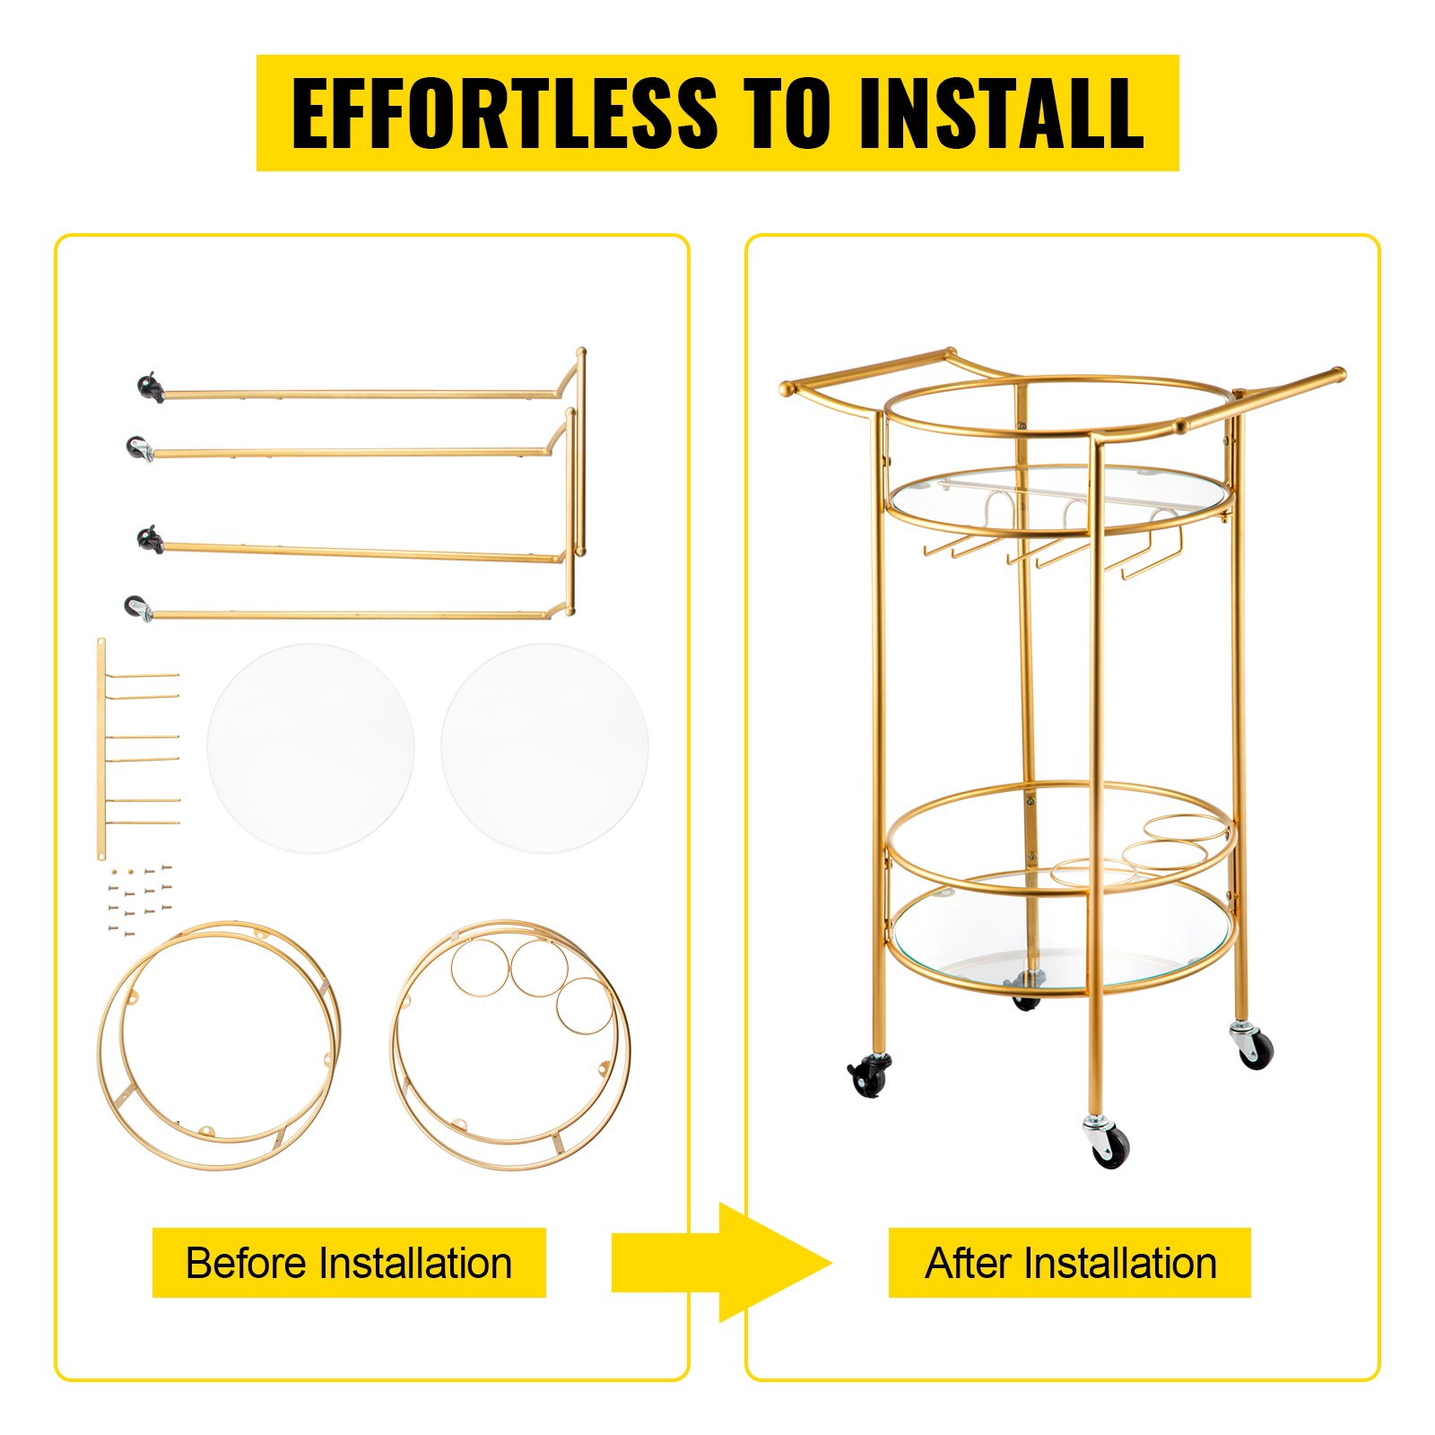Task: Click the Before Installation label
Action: pyautogui.click(x=349, y=1263)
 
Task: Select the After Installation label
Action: pyautogui.click(x=1070, y=1263)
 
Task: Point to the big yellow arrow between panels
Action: pyautogui.click(x=722, y=1263)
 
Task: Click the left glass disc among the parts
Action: pyautogui.click(x=311, y=748)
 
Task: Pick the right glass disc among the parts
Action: pyautogui.click(x=545, y=748)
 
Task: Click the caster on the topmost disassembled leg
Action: pyautogui.click(x=151, y=387)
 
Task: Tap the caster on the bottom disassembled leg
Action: pyautogui.click(x=138, y=608)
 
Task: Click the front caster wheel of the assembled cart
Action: pyautogui.click(x=1109, y=1144)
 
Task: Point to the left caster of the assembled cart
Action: pyautogui.click(x=869, y=1074)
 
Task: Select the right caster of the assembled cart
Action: pyautogui.click(x=1252, y=1046)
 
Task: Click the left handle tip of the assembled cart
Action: pyautogui.click(x=787, y=389)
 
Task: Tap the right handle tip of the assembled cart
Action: pyautogui.click(x=1337, y=374)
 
